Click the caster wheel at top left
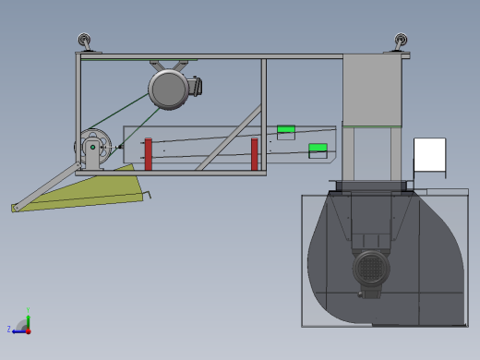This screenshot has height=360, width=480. point(85,41)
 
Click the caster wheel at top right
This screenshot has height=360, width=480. point(401,42)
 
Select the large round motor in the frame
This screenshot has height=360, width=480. point(169,90)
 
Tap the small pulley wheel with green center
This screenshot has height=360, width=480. point(92,147)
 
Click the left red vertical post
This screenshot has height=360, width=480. point(148,154)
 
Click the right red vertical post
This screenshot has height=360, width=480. point(255,154)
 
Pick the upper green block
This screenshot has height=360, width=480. point(286,129)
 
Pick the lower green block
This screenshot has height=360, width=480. point(318,148)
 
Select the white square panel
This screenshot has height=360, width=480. point(429,154)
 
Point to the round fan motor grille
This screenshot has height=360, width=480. point(370,269)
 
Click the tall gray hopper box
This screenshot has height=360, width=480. point(372,90)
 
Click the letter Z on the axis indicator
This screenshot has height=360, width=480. point(9,330)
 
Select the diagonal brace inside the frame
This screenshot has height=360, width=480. point(229,138)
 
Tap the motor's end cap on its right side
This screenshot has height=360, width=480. point(197,86)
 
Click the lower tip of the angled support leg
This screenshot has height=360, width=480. point(15,209)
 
